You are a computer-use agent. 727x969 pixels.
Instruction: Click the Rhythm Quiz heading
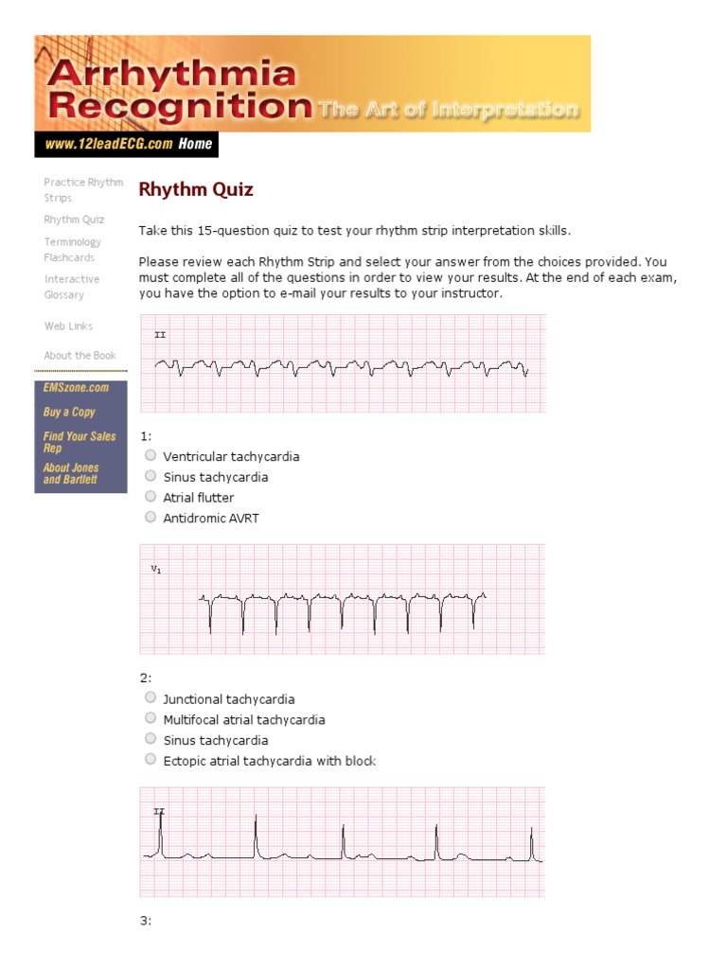(x=196, y=189)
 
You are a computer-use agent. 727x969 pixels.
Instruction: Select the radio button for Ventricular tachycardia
(x=151, y=455)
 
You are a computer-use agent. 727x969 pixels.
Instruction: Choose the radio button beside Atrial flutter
(x=151, y=497)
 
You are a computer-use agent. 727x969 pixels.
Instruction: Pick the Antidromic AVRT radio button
(x=151, y=517)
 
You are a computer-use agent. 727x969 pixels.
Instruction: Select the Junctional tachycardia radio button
(x=151, y=698)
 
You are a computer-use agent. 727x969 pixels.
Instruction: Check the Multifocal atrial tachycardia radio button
(x=151, y=719)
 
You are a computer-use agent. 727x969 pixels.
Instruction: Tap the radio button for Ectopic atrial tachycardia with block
(x=151, y=760)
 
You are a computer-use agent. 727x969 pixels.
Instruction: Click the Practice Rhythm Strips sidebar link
(x=82, y=190)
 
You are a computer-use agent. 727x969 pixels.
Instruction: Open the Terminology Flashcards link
(x=72, y=250)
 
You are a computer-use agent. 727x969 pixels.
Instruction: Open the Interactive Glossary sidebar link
(x=71, y=287)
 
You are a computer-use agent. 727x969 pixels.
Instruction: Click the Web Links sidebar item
(x=68, y=326)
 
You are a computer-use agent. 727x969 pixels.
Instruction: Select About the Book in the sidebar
(x=80, y=355)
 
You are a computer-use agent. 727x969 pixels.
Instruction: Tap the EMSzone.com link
(x=76, y=388)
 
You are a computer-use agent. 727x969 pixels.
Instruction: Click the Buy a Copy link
(x=69, y=412)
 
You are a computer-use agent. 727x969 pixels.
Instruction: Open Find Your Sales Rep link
(x=79, y=442)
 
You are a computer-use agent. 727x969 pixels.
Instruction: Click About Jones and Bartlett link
(x=71, y=473)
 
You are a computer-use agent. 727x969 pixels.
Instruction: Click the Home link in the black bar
(x=195, y=144)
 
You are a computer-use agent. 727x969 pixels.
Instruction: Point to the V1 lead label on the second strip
(x=156, y=570)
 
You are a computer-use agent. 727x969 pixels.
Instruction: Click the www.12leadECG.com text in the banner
(x=106, y=145)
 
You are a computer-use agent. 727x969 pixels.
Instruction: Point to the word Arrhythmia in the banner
(x=170, y=73)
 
